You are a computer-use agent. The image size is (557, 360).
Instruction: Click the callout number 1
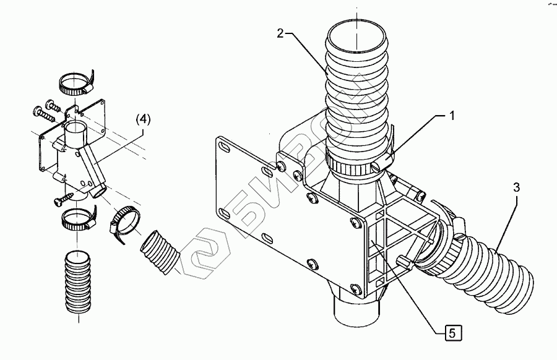point(452,116)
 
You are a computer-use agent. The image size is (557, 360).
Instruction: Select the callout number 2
point(280,34)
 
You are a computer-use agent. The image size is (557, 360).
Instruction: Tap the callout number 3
point(517,187)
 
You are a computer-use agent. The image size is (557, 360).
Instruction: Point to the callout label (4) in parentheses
point(143,119)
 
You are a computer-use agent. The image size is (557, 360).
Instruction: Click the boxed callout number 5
point(452,333)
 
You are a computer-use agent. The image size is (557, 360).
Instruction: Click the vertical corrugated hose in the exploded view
point(77,282)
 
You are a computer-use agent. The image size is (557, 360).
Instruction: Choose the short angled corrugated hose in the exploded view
point(159,252)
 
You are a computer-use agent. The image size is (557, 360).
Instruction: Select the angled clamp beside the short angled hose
point(124,222)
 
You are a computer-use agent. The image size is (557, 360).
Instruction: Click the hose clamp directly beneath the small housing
point(78,219)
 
